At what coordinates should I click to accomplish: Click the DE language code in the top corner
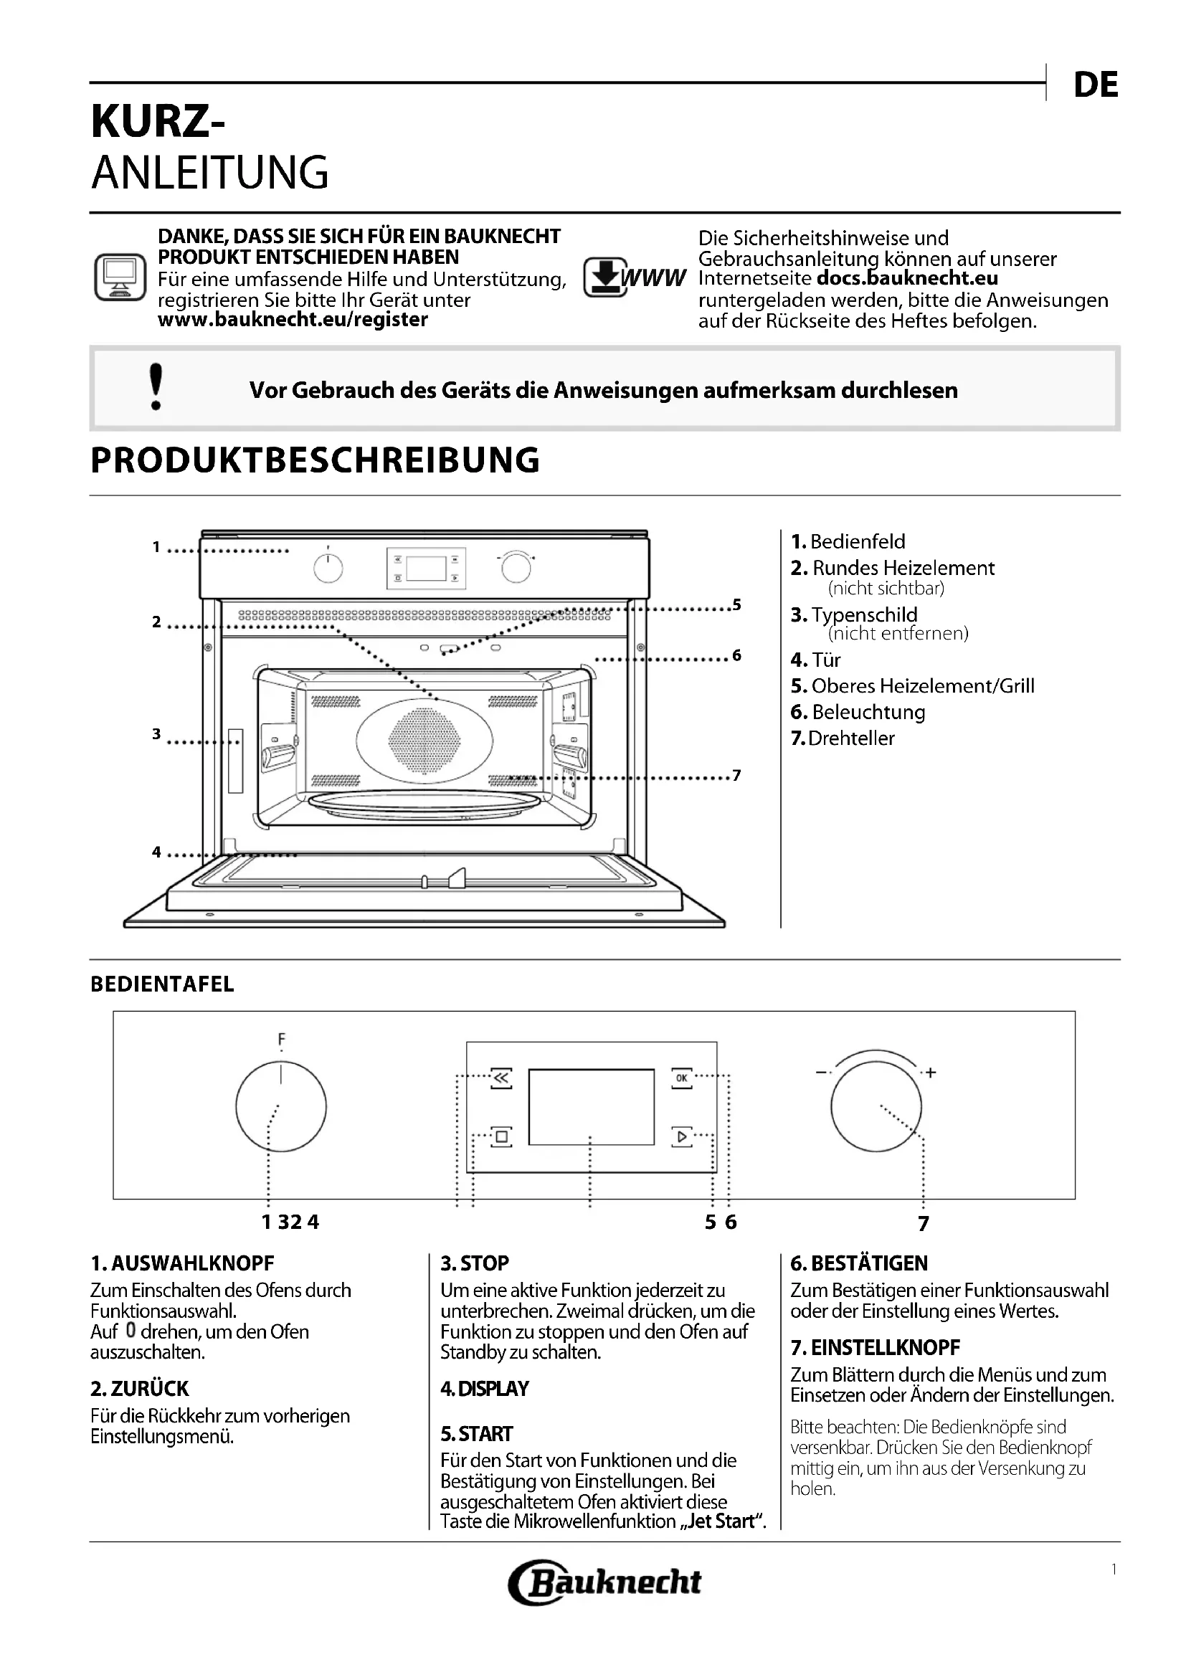coord(1096,86)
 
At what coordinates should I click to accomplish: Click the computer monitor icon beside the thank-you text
coord(120,277)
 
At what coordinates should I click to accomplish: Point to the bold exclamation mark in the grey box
coord(156,387)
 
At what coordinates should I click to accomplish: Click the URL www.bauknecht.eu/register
coord(293,320)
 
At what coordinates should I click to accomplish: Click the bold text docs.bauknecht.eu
coord(907,278)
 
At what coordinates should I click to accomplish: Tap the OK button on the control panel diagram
coord(681,1078)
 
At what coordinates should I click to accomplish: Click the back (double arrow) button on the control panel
coord(502,1078)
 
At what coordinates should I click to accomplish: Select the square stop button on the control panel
coord(502,1136)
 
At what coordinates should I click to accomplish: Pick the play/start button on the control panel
coord(681,1136)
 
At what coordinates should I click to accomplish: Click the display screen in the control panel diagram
coord(591,1106)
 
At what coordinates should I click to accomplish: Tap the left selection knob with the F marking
coord(281,1106)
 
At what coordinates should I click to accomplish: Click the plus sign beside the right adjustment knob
coord(931,1073)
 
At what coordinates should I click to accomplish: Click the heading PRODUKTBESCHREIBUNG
coord(315,460)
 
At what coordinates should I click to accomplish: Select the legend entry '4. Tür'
coord(816,660)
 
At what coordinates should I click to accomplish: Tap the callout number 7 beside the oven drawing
coord(737,775)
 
